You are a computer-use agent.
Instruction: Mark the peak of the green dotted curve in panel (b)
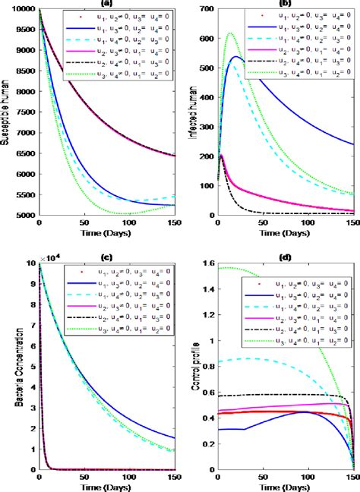pos(230,33)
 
